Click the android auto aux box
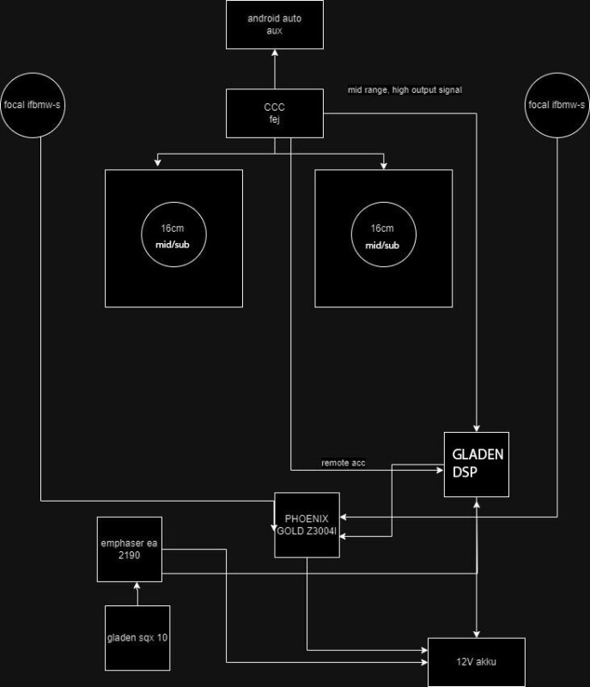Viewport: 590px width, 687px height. [x=274, y=24]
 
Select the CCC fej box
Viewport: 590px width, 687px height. [x=274, y=112]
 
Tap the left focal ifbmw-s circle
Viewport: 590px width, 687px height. [x=34, y=105]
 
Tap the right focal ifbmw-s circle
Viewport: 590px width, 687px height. [x=557, y=105]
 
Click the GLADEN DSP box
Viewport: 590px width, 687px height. [x=476, y=464]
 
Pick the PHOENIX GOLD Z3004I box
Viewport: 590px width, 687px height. [x=307, y=525]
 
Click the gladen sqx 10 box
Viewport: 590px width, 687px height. [x=137, y=637]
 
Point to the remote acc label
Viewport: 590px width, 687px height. [x=343, y=463]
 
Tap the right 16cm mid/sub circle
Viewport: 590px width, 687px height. [x=382, y=238]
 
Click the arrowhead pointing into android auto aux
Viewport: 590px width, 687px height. [x=274, y=52]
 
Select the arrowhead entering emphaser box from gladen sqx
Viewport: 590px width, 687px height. [x=137, y=586]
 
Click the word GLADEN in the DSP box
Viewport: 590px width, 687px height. [x=476, y=455]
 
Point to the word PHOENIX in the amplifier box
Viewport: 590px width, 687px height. [x=307, y=518]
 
